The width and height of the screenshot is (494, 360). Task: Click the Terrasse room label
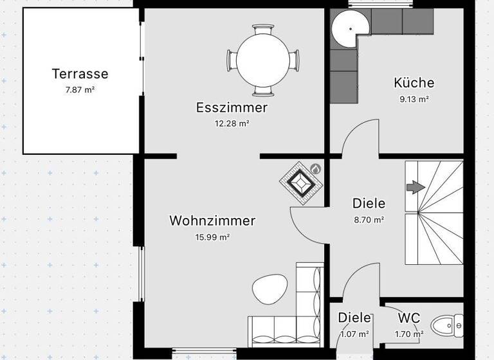click(80, 74)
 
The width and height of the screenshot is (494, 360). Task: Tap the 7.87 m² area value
click(80, 90)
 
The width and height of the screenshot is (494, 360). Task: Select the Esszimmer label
click(232, 108)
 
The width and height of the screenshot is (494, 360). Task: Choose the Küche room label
click(414, 83)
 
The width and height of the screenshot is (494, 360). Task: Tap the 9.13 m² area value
click(414, 100)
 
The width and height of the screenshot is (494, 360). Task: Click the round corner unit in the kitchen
click(351, 28)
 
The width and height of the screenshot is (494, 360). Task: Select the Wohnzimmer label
click(212, 221)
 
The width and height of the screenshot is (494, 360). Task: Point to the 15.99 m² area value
click(212, 237)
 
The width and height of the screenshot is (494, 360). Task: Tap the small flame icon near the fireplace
click(315, 168)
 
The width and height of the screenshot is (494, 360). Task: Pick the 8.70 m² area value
click(369, 220)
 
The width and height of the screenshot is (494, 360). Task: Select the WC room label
click(409, 318)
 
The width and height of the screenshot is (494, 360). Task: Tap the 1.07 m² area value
click(354, 334)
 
